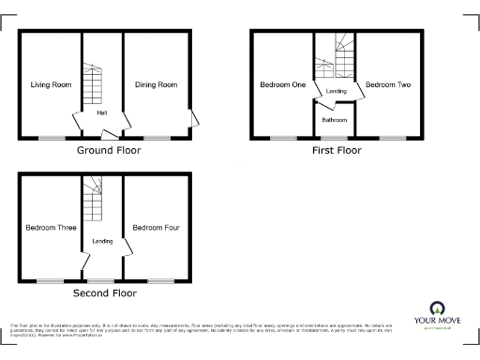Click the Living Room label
click(51, 85)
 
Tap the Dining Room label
click(155, 85)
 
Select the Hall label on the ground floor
click(101, 113)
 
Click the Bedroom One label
click(282, 85)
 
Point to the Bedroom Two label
click(387, 85)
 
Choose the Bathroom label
click(335, 120)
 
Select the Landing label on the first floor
click(337, 91)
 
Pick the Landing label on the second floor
click(102, 242)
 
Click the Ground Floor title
click(109, 150)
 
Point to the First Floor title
click(336, 150)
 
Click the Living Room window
click(51, 139)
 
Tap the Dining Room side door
click(194, 118)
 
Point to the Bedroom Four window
click(160, 280)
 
